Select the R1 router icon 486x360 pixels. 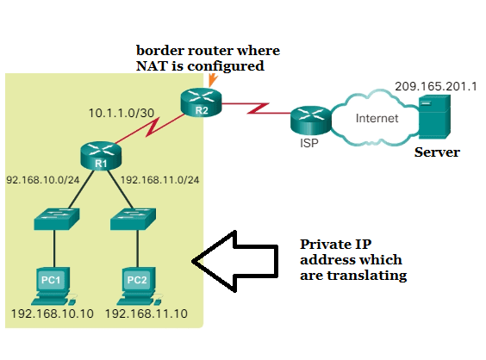[x=101, y=154]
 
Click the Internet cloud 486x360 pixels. [x=377, y=119]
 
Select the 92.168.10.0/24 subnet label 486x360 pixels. [x=43, y=180]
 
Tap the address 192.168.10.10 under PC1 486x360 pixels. [x=52, y=313]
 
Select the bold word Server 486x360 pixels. [x=437, y=152]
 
